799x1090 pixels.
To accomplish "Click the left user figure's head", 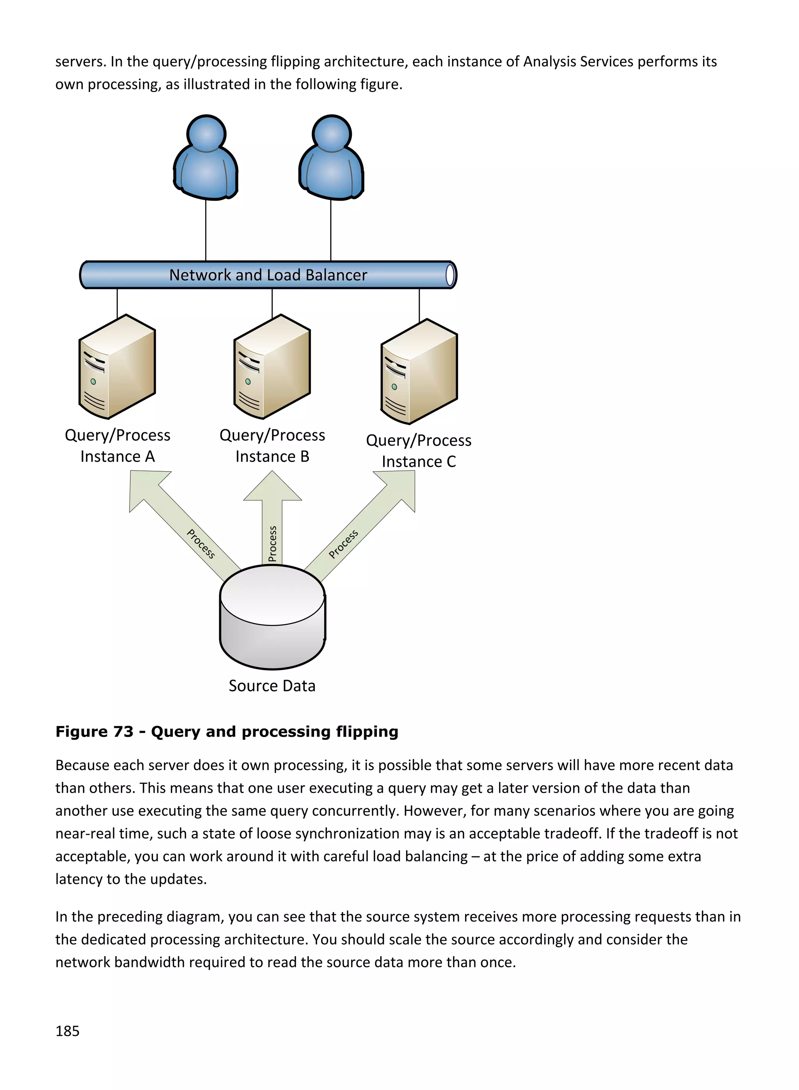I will pos(206,133).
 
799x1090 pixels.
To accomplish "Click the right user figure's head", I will pos(332,133).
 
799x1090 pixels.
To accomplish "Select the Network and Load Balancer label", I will pos(268,275).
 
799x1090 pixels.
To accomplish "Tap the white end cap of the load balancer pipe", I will pos(450,275).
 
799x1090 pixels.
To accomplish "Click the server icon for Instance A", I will pos(117,367).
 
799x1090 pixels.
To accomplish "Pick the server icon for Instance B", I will pos(272,367).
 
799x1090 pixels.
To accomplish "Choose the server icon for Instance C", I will pos(419,371).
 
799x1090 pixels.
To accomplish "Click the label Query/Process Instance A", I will pos(117,446).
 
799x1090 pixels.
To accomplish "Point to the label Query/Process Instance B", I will pos(272,446).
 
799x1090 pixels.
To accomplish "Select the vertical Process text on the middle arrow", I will pos(272,543).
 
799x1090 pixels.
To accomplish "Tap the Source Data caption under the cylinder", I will pos(272,686).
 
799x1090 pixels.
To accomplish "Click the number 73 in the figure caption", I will pos(123,731).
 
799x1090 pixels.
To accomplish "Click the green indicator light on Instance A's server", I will pos(93,382).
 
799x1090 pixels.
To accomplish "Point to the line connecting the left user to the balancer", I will pos(206,230).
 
